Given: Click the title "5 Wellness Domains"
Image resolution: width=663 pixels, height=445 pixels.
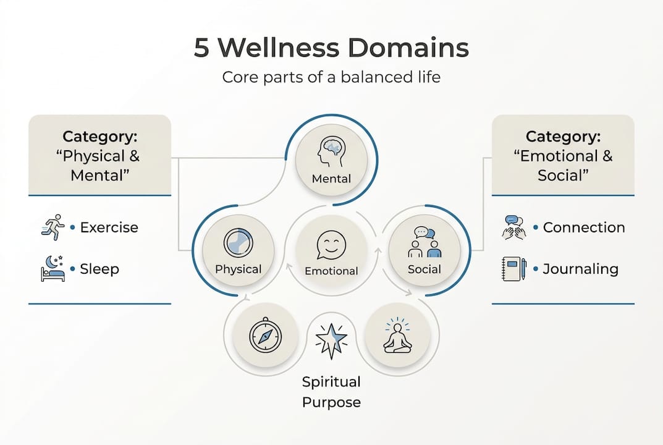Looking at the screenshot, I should click(331, 48).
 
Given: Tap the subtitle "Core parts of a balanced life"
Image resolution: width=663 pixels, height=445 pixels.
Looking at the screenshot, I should click(331, 78).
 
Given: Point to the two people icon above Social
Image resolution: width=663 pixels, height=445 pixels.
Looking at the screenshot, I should click(424, 242).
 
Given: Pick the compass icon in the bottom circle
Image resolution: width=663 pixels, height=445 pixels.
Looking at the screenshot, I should click(265, 336).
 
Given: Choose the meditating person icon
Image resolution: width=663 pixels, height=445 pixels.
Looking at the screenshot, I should click(397, 337).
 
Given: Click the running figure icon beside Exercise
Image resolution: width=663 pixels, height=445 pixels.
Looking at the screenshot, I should click(52, 227).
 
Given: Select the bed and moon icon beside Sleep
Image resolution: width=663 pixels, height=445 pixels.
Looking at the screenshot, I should click(52, 269).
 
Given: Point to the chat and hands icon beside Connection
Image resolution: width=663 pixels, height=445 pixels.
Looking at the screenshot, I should click(514, 227).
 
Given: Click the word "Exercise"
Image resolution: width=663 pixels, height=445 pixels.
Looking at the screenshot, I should click(109, 227).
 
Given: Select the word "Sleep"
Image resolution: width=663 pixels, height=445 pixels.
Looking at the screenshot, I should click(99, 269).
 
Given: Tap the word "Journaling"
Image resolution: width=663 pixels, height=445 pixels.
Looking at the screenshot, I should click(580, 269).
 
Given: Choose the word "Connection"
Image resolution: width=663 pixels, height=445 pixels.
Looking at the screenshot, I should click(584, 227).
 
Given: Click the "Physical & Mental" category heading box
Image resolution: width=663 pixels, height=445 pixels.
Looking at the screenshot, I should click(99, 155).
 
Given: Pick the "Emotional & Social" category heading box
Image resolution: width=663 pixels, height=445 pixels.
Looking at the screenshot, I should click(563, 155).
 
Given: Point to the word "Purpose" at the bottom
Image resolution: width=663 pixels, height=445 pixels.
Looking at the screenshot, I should click(331, 402).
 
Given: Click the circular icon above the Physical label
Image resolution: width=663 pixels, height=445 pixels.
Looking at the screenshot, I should click(238, 243).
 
